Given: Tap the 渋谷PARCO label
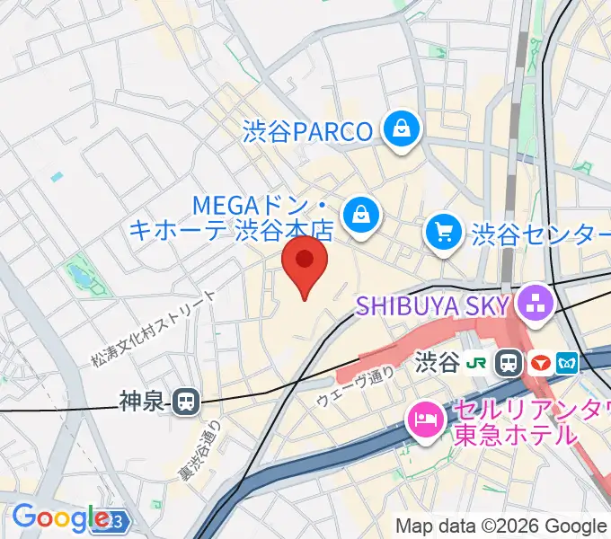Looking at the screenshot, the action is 307,132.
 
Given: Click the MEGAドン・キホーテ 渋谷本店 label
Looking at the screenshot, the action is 231,217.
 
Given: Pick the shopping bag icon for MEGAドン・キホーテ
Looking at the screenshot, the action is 360,215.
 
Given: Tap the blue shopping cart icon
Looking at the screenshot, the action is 444,234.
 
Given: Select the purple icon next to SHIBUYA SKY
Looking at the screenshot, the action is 536,304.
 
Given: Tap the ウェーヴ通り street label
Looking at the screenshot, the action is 356,388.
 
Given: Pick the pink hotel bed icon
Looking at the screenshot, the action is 422,418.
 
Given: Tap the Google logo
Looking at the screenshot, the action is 60,517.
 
